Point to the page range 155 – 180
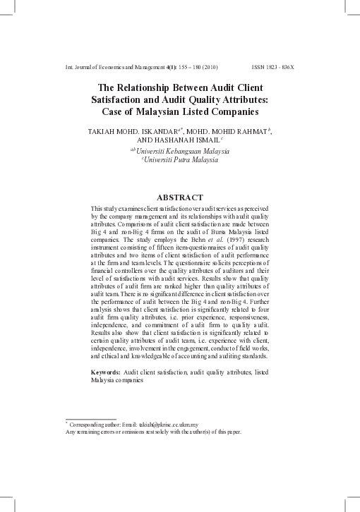coord(179,67)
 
